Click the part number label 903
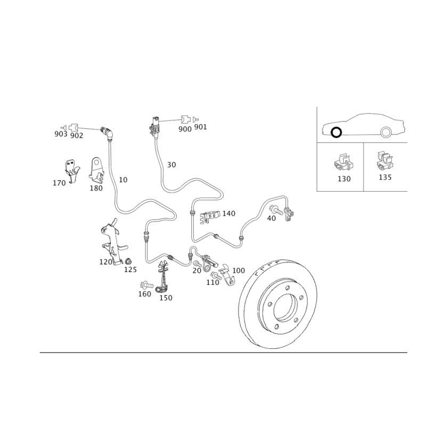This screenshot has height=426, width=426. (61, 134)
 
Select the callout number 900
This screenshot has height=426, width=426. (185, 129)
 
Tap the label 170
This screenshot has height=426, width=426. (59, 183)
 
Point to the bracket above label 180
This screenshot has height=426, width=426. (97, 170)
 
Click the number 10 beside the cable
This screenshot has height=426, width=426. (123, 179)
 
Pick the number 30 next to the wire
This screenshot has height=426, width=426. (171, 165)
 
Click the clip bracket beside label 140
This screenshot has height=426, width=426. (210, 217)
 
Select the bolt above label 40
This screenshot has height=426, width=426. (275, 209)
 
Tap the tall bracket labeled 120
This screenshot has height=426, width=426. (113, 242)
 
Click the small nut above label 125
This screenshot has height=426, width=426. (128, 261)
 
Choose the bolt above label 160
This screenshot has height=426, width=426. (146, 285)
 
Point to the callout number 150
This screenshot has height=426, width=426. (166, 298)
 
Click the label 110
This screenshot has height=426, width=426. (212, 283)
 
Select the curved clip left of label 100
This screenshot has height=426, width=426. (227, 274)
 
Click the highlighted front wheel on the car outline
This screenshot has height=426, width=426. (337, 133)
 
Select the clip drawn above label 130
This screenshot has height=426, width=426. (343, 162)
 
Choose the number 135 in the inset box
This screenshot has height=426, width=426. (385, 177)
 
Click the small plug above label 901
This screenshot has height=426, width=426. (195, 119)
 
